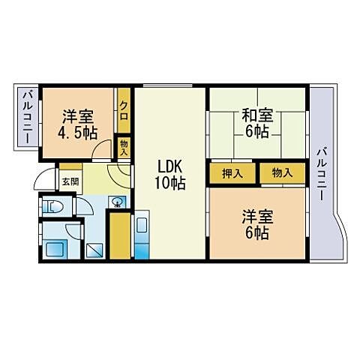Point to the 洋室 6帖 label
tap(256, 224)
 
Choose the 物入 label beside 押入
tap(282, 173)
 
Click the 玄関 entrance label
tap(70, 181)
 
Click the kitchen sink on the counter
tap(142, 226)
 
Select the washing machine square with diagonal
tap(94, 250)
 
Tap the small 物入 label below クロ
tap(124, 146)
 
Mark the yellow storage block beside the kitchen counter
tap(119, 235)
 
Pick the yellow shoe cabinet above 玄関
tap(70, 166)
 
